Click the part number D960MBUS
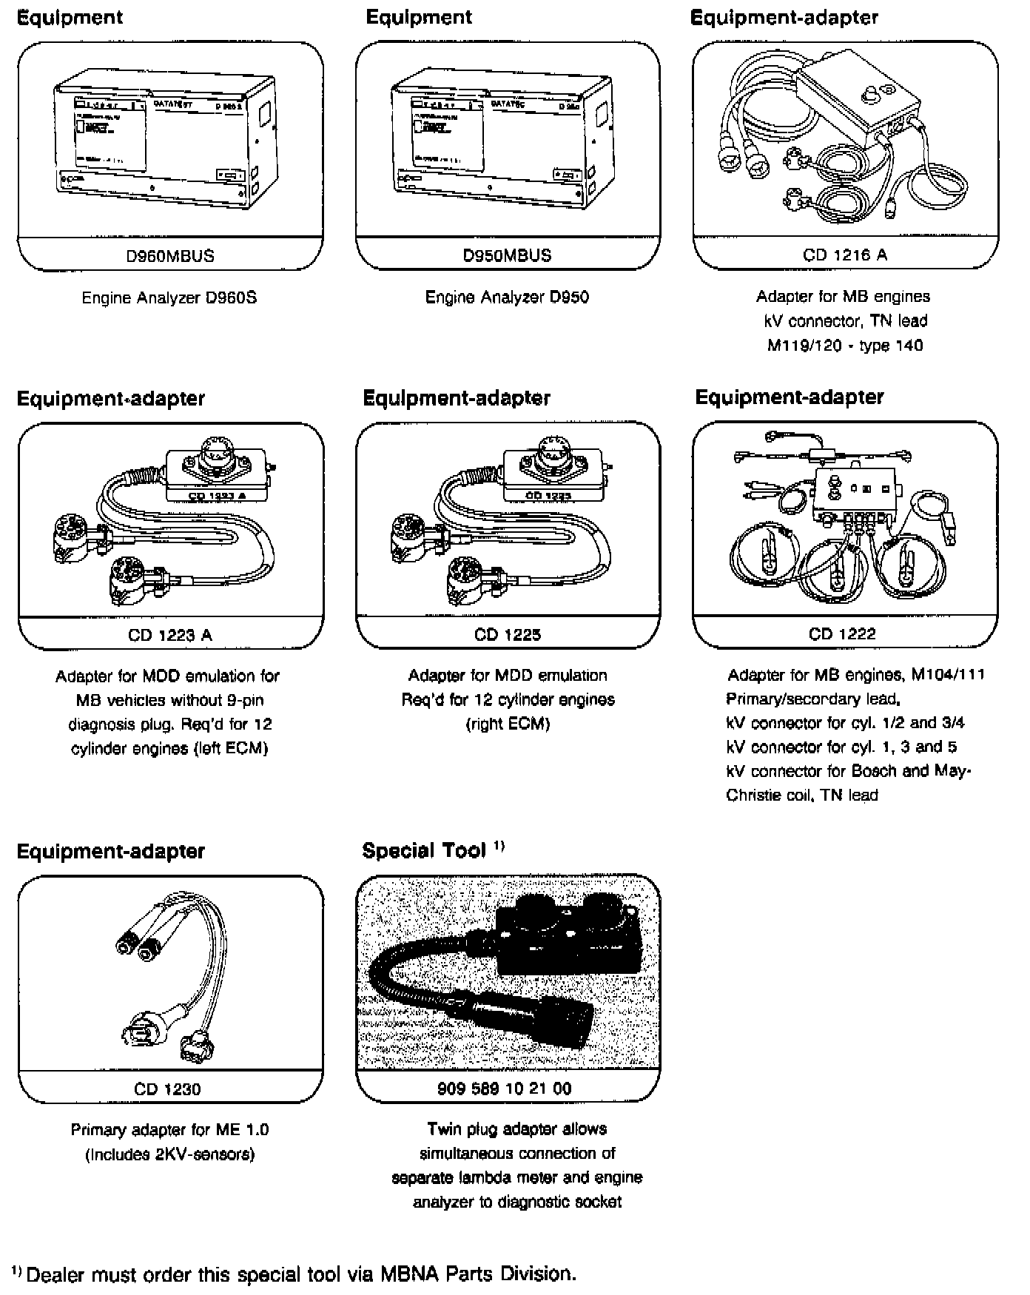click(169, 256)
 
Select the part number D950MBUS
click(507, 255)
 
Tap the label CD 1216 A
click(844, 255)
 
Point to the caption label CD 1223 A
click(169, 635)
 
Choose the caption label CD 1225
click(507, 634)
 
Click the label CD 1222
click(842, 633)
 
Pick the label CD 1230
click(167, 1089)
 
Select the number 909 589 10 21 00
click(505, 1088)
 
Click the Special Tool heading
click(424, 851)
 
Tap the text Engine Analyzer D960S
click(169, 298)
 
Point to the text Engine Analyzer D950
click(507, 297)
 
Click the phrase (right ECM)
click(508, 724)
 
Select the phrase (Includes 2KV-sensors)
click(169, 1154)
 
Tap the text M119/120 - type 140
click(844, 346)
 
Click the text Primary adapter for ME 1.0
click(169, 1129)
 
